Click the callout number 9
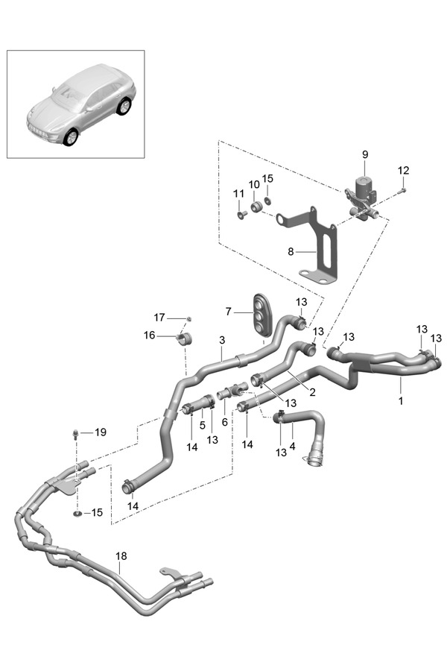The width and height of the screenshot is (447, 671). click(x=365, y=154)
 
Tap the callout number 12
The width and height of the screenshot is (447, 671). click(x=403, y=171)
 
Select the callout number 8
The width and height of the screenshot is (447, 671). click(x=290, y=252)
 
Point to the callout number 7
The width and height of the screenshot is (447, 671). click(x=229, y=311)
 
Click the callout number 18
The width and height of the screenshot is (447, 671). click(x=121, y=555)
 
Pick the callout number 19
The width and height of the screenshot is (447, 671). click(x=101, y=432)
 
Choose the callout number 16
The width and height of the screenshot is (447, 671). click(x=150, y=335)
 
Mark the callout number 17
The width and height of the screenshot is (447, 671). click(x=159, y=317)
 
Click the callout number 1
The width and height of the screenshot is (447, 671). click(x=400, y=401)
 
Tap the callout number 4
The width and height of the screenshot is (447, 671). click(x=292, y=446)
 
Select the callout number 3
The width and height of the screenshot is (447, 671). click(x=222, y=340)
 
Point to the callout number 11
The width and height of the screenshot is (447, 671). click(x=239, y=193)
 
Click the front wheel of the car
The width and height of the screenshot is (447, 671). click(x=71, y=136)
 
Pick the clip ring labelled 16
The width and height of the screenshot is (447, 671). click(x=185, y=340)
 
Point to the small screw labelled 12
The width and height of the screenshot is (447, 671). click(x=402, y=191)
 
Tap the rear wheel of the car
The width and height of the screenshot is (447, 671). click(x=123, y=107)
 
